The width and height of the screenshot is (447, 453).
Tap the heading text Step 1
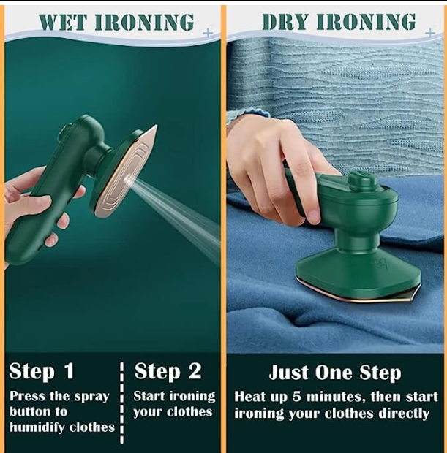pos(42,371)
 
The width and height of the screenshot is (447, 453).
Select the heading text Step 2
pos(168,371)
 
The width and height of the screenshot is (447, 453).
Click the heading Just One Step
pos(335,373)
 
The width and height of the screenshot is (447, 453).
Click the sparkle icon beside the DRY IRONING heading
pos(429,33)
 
